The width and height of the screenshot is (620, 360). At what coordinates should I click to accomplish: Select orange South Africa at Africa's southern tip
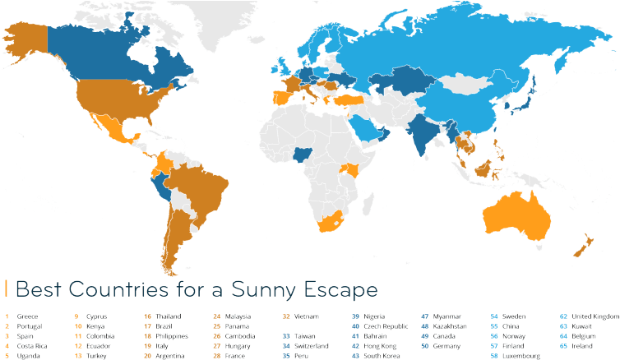[x=332, y=220]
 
